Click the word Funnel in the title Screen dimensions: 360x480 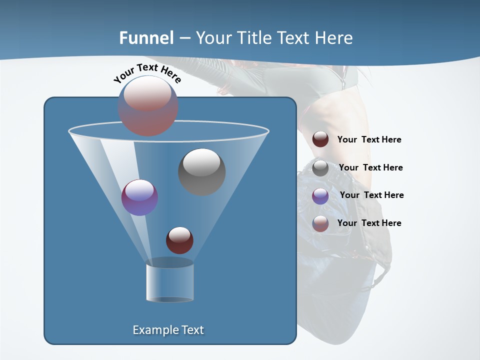pyautogui.click(x=146, y=38)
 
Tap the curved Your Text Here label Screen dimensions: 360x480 pyautogui.click(x=147, y=72)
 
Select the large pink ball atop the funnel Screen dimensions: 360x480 pyautogui.click(x=148, y=105)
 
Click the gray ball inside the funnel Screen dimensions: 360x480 pyautogui.click(x=202, y=172)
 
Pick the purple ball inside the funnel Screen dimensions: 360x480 pyautogui.click(x=139, y=197)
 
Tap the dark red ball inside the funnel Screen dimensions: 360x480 pyautogui.click(x=179, y=240)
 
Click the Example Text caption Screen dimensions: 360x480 pyautogui.click(x=168, y=330)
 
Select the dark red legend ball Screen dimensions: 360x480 pyautogui.click(x=320, y=139)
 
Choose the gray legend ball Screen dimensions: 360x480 pyautogui.click(x=320, y=168)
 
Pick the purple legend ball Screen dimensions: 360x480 pyautogui.click(x=320, y=196)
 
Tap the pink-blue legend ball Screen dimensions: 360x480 pyautogui.click(x=320, y=223)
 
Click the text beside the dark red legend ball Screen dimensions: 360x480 pyautogui.click(x=369, y=140)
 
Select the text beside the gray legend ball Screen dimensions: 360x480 pyautogui.click(x=370, y=168)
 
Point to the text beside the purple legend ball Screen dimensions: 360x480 pyautogui.click(x=371, y=195)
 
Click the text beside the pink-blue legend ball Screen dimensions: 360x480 pyautogui.click(x=369, y=223)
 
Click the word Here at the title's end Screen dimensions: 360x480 pyautogui.click(x=334, y=38)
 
